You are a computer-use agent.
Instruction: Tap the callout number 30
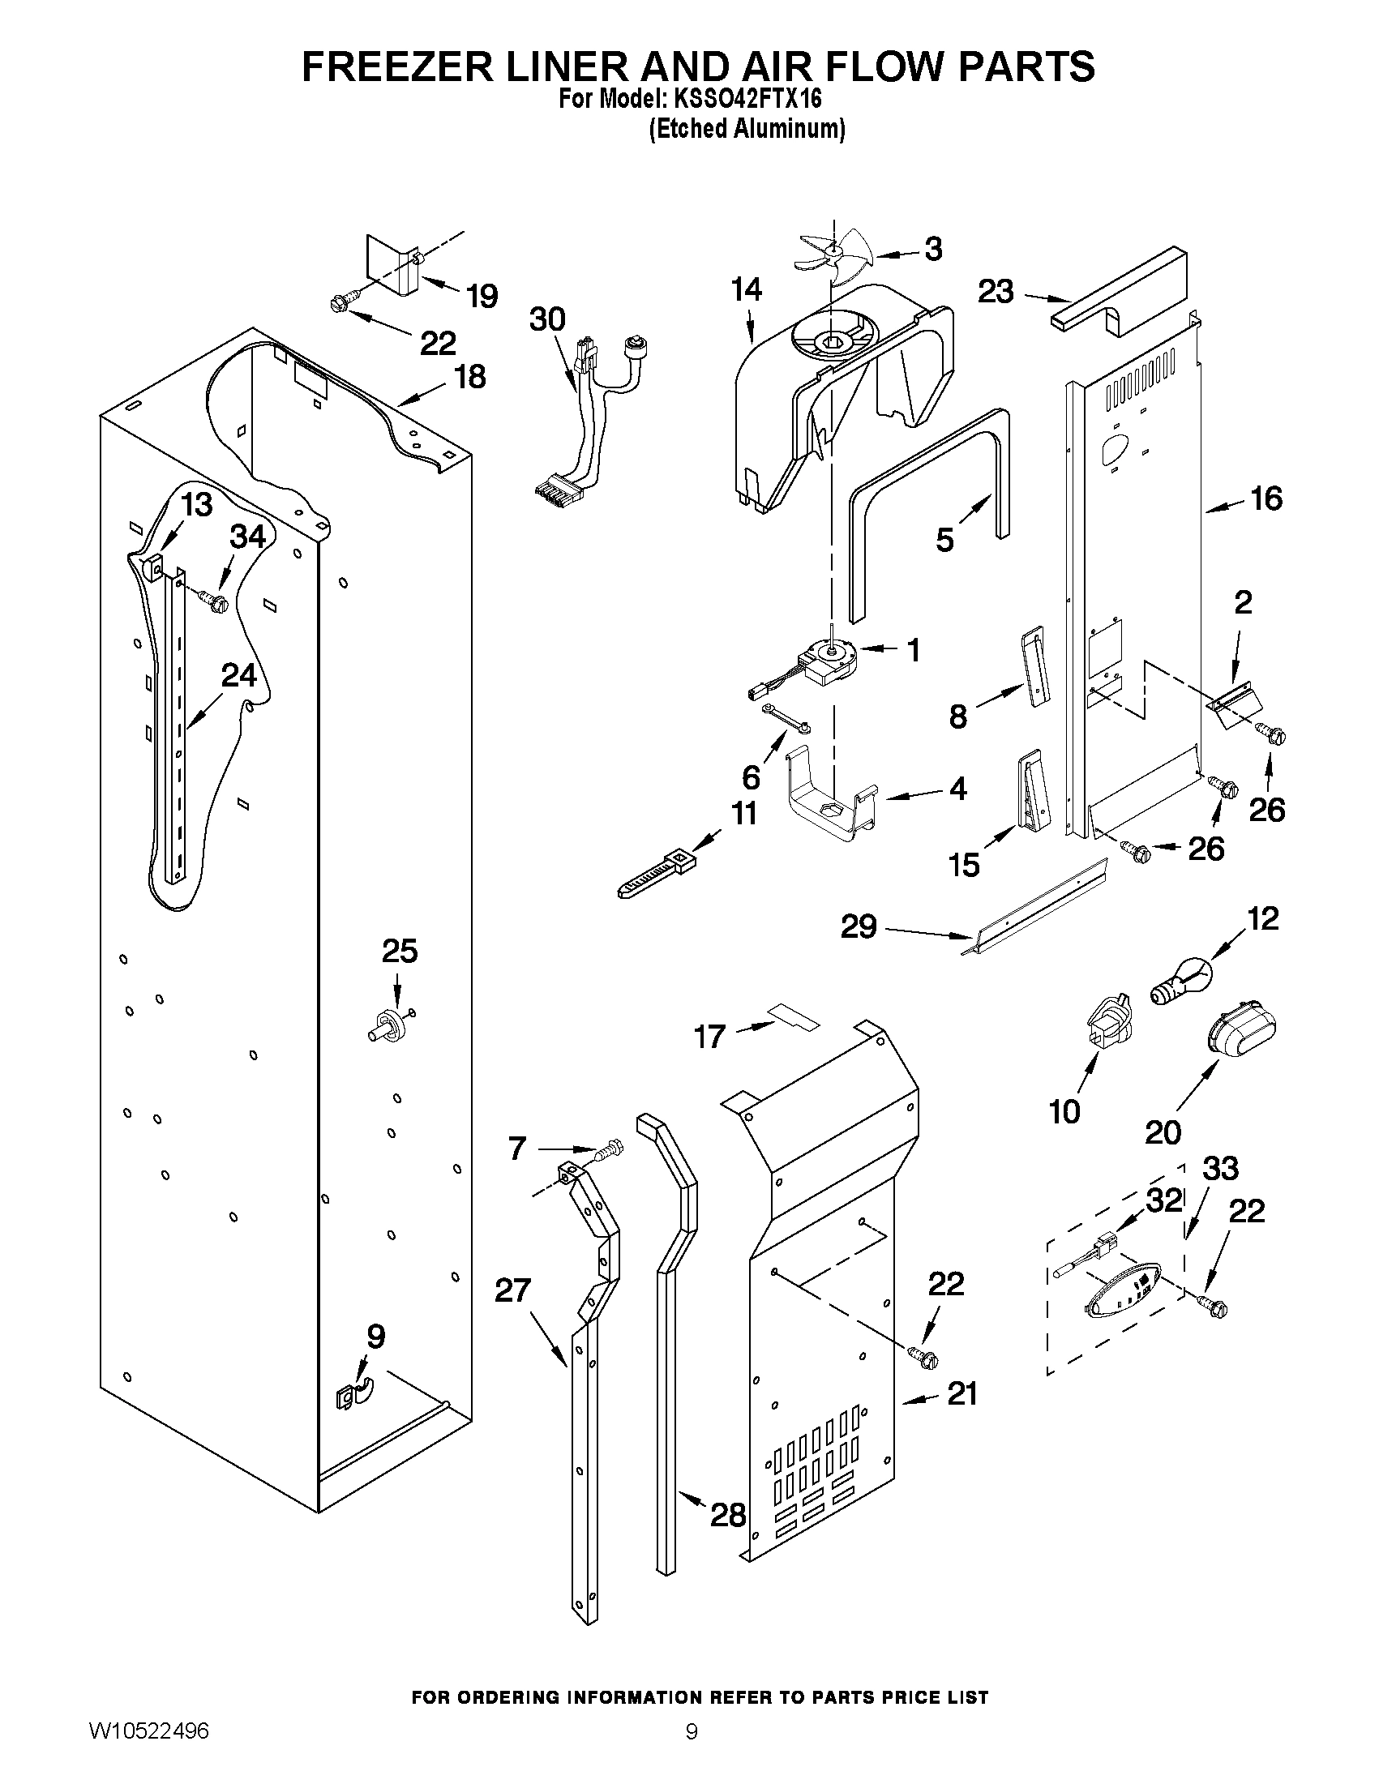[546, 319]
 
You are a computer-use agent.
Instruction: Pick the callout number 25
[400, 951]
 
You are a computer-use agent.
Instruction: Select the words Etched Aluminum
[747, 130]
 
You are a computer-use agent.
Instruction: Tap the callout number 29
[859, 926]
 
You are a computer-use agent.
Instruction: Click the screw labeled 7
[608, 1151]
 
